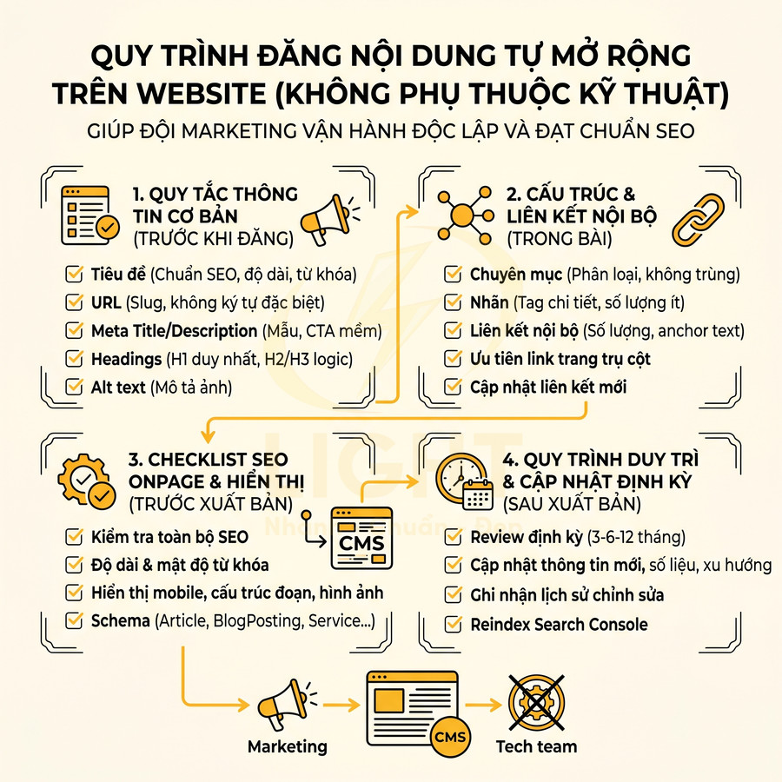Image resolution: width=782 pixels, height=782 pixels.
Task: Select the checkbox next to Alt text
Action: point(75,387)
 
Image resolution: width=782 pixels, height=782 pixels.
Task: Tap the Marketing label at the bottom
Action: point(288,746)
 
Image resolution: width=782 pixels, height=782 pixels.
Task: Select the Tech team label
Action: point(536,746)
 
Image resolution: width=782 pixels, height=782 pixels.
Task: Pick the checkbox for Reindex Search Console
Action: point(453,624)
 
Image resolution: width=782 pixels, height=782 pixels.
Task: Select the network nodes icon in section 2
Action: point(463,213)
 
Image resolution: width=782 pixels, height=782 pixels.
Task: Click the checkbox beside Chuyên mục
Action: point(453,275)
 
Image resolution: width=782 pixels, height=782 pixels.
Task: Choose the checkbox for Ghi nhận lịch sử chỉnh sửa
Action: point(453,595)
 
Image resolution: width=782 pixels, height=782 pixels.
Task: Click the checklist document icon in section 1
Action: point(89,213)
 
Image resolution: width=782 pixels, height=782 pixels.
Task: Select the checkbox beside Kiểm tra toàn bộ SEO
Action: point(75,537)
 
